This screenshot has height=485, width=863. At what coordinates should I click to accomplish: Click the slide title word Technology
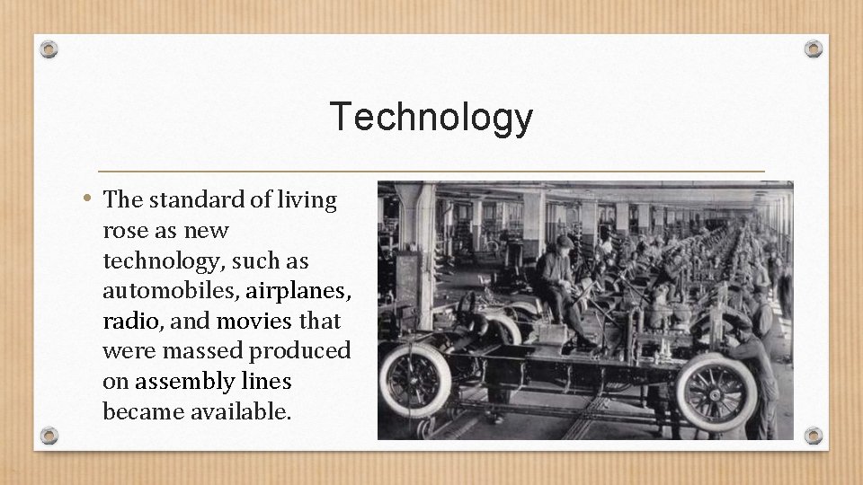(x=431, y=117)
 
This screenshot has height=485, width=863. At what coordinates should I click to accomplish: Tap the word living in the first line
(x=307, y=199)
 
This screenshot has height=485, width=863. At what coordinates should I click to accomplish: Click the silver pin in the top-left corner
(x=50, y=48)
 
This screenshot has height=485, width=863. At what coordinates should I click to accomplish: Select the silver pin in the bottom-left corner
(x=50, y=436)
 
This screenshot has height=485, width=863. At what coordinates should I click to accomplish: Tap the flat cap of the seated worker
(x=564, y=242)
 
